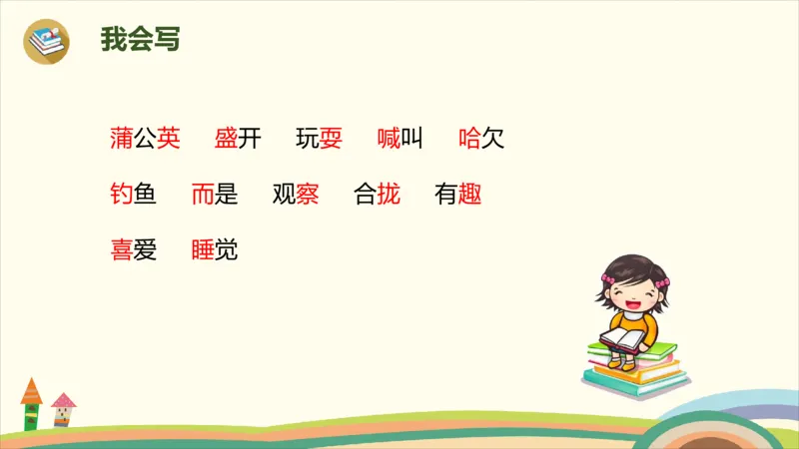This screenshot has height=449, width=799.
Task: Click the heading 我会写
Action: [140, 39]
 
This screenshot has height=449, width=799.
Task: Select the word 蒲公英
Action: [145, 139]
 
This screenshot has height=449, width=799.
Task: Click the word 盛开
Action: [238, 139]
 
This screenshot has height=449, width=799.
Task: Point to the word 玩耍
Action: [320, 139]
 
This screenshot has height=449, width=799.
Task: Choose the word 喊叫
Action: [400, 139]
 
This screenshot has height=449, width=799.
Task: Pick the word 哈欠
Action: [481, 139]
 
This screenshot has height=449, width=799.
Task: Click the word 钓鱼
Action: [133, 195]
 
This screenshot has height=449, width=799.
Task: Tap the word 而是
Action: [215, 195]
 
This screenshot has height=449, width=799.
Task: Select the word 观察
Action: [296, 195]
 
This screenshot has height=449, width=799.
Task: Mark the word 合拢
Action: [378, 195]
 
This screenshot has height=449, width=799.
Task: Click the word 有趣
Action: [458, 195]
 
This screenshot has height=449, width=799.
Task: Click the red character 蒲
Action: [121, 139]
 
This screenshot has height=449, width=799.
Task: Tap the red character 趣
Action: [470, 195]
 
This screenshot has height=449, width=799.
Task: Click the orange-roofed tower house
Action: [31, 403]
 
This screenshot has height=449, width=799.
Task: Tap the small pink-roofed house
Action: [63, 409]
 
